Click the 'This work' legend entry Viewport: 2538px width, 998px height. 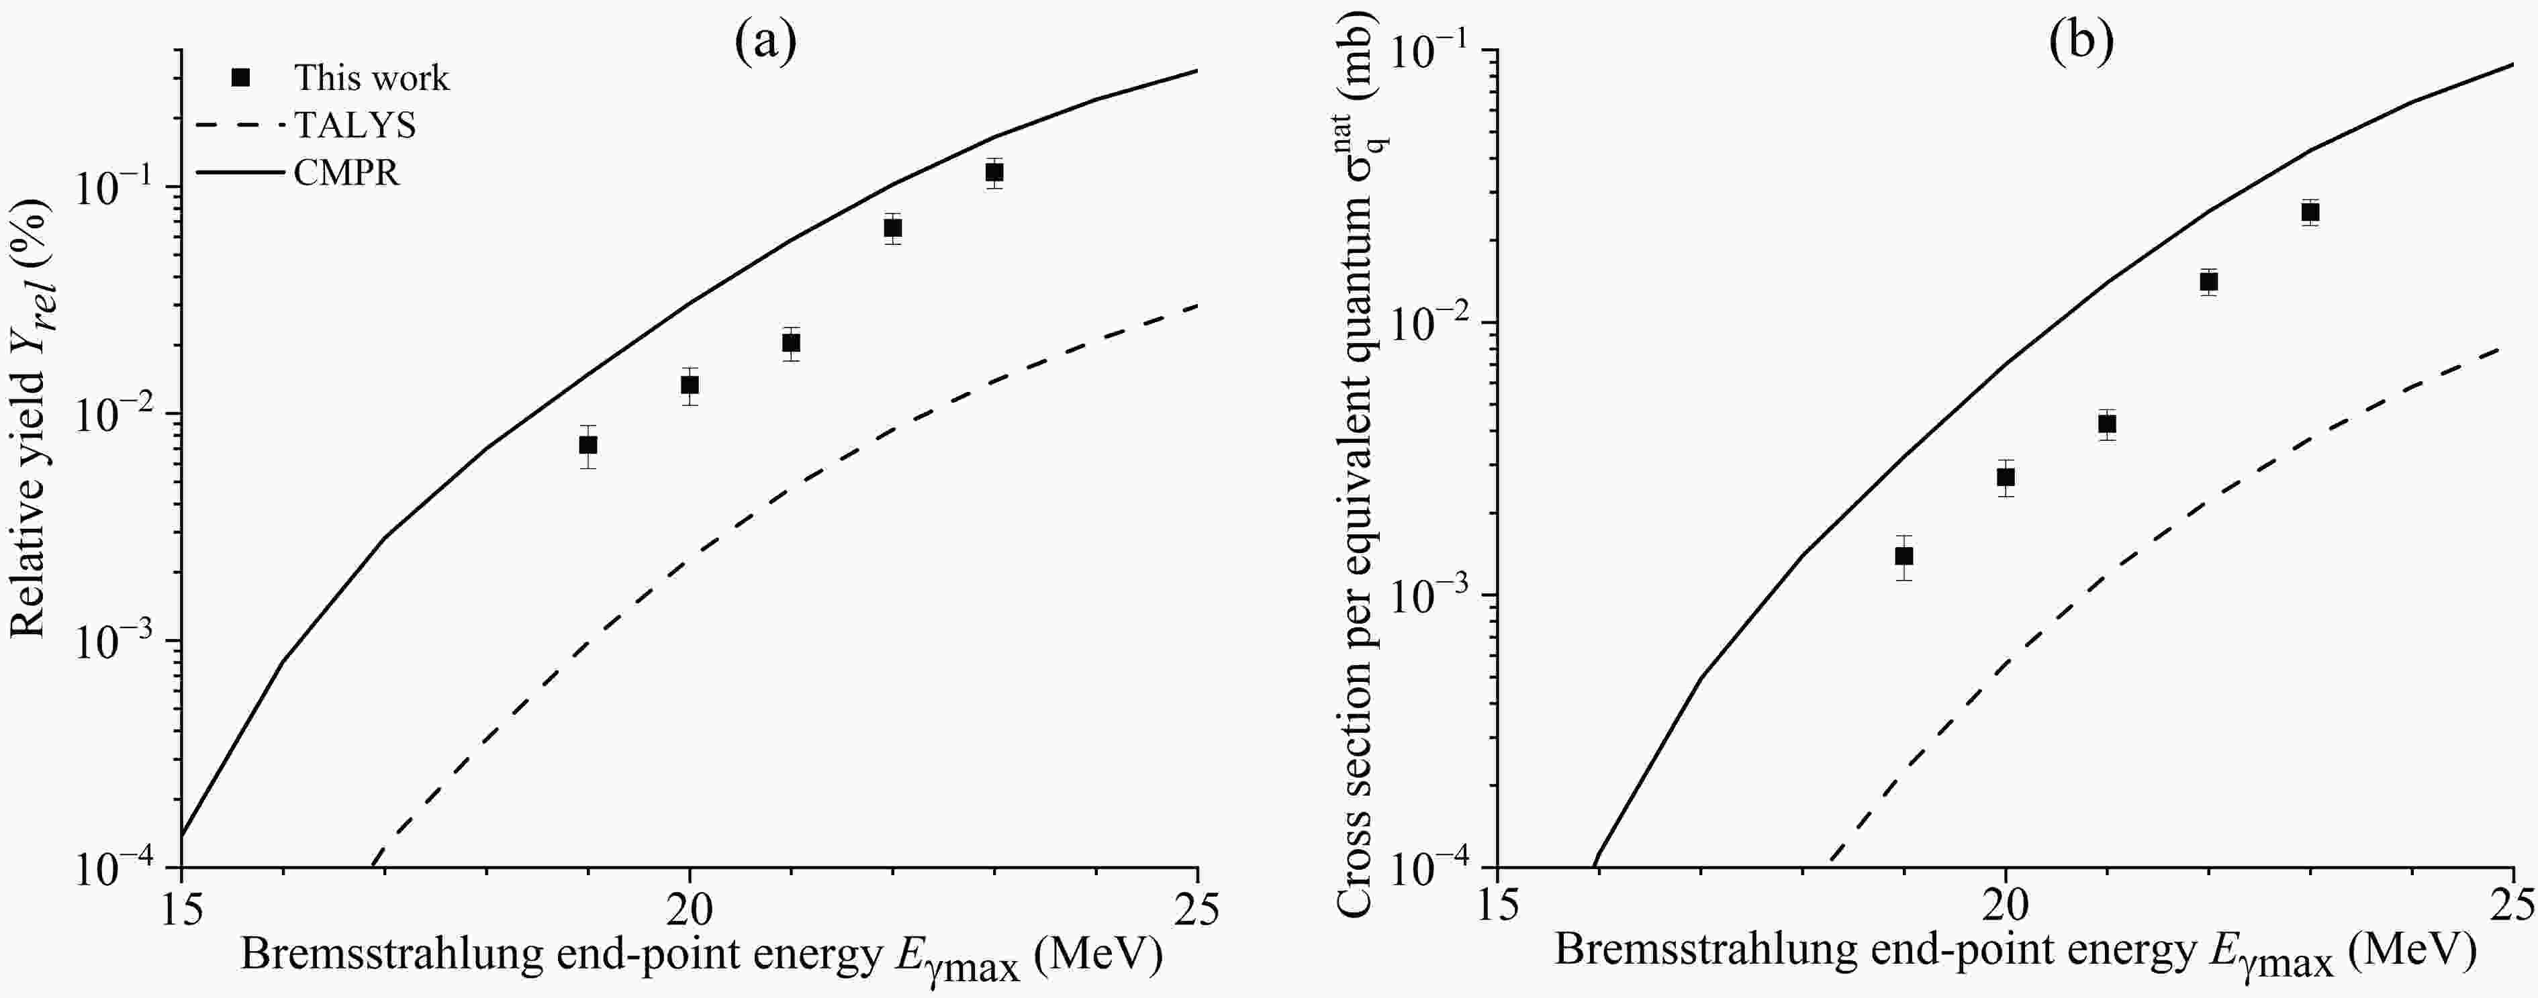click(371, 78)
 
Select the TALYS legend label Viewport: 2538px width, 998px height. click(355, 125)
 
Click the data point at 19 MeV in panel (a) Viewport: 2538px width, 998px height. click(588, 445)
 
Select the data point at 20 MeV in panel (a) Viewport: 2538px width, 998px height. click(690, 384)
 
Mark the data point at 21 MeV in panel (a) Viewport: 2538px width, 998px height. click(791, 343)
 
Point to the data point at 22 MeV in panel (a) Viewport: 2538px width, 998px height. click(892, 228)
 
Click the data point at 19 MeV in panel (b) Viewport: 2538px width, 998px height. click(1903, 556)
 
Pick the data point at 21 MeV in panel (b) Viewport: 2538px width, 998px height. click(2108, 425)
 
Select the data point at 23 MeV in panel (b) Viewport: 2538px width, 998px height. click(2310, 212)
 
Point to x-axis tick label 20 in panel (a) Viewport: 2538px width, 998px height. click(690, 908)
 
